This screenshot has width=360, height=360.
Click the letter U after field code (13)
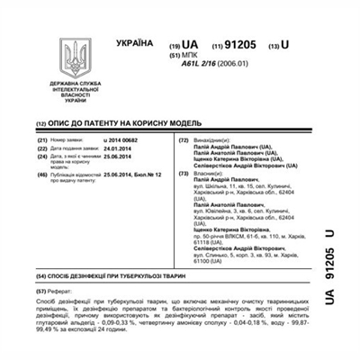(285, 44)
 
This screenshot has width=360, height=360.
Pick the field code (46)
(42, 173)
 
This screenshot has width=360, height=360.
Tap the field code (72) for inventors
(184, 142)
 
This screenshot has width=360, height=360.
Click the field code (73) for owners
(184, 173)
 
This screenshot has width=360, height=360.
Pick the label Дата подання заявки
(76, 149)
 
